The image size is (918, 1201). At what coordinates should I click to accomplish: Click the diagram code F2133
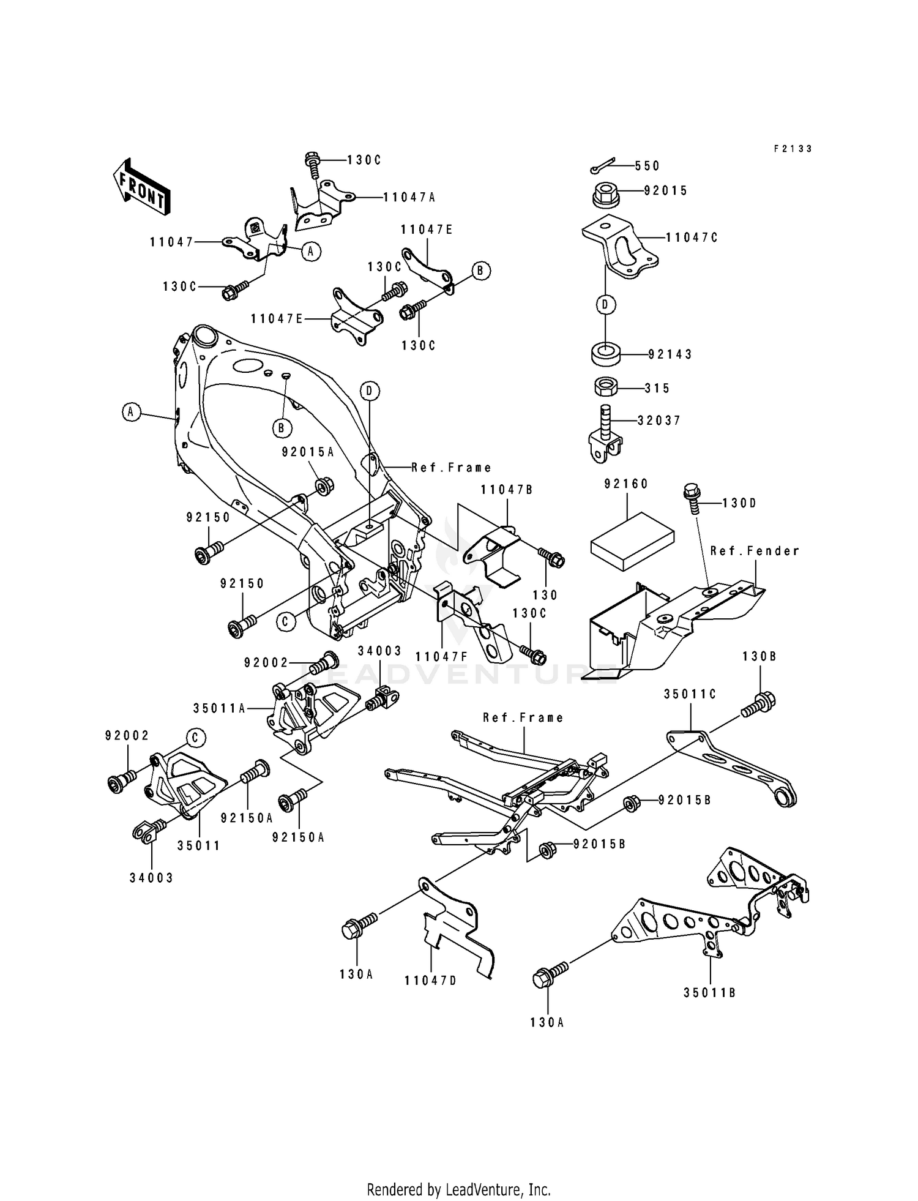point(792,149)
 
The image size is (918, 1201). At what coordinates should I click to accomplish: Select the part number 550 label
point(647,166)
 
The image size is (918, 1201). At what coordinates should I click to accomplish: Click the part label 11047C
point(692,238)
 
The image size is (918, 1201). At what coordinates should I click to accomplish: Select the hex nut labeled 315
point(606,387)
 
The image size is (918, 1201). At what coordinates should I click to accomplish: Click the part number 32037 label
point(659,421)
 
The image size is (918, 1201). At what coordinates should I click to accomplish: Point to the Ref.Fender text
point(755,551)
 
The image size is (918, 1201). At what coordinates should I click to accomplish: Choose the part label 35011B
point(709,992)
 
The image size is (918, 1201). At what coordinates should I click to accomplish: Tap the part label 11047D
point(430,980)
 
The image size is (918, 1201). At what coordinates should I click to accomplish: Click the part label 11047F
point(441,656)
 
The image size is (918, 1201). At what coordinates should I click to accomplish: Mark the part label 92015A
point(308,452)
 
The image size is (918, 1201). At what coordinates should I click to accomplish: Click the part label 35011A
point(219,708)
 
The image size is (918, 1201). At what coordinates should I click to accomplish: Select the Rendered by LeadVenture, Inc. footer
point(458,1189)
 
